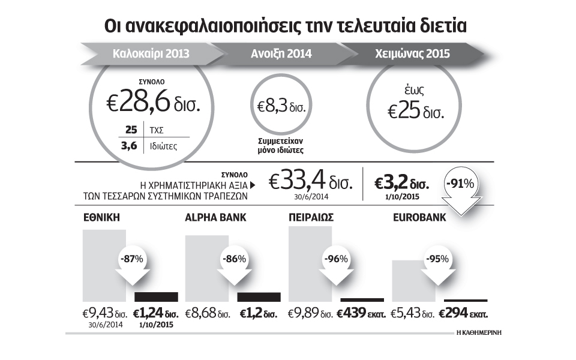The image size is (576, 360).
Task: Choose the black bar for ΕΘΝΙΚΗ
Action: (157, 296)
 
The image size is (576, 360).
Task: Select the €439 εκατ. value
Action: (361, 313)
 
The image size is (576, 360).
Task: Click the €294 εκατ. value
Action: (464, 313)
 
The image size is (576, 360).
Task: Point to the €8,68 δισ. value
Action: (208, 313)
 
